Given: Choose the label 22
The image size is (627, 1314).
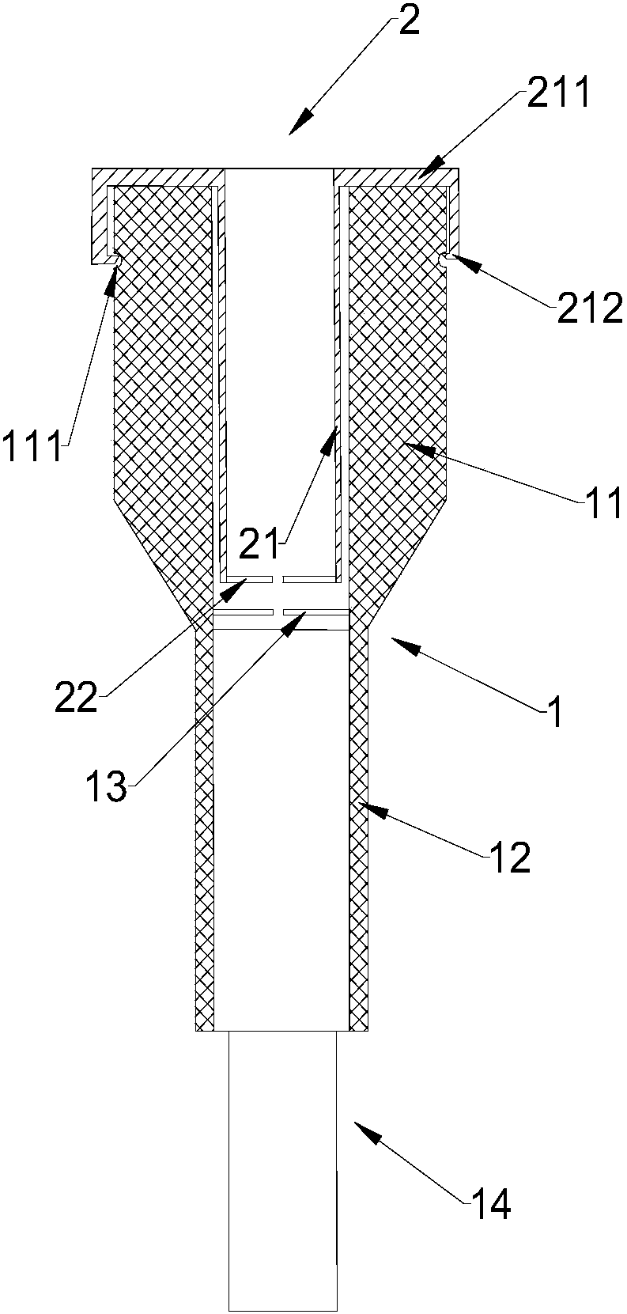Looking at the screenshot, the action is (76, 697).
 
